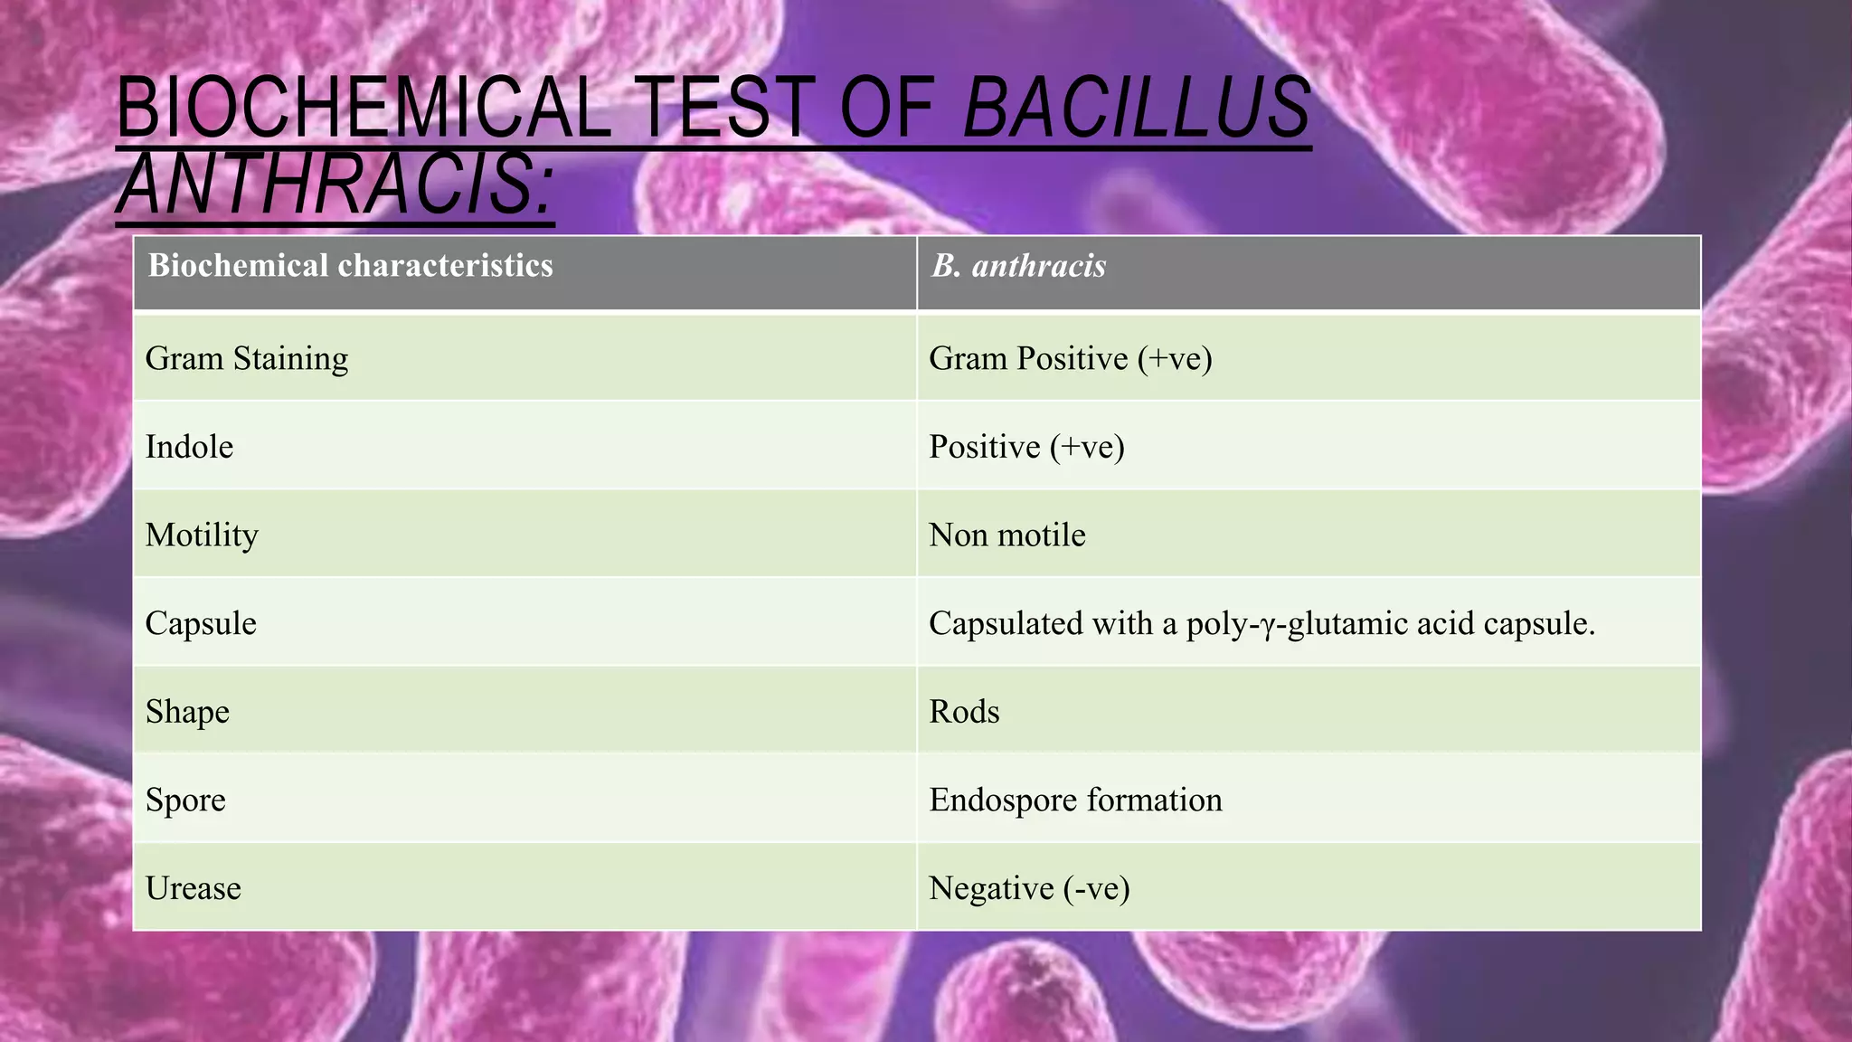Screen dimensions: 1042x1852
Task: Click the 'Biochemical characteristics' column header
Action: coord(350,266)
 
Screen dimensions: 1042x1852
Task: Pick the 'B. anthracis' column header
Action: coord(1018,266)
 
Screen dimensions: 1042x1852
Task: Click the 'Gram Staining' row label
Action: coord(247,359)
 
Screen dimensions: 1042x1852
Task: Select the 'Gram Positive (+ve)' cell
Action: coord(1070,359)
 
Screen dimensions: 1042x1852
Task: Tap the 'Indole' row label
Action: coord(189,447)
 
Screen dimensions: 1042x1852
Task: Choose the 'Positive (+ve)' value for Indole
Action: coord(1026,447)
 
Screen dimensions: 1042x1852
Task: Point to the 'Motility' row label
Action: coord(202,535)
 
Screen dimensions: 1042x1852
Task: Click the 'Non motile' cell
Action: coord(1006,535)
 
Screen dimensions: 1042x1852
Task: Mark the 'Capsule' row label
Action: coord(201,623)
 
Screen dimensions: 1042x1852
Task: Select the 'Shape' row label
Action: coord(187,712)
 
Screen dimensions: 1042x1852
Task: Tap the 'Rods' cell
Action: coord(964,712)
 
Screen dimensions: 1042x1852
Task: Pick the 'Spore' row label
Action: coord(185,800)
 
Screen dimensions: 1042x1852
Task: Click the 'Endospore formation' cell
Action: coord(1075,800)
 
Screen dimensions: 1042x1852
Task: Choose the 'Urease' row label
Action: coord(193,888)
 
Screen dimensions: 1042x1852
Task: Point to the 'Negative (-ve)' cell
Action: coord(1029,888)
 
